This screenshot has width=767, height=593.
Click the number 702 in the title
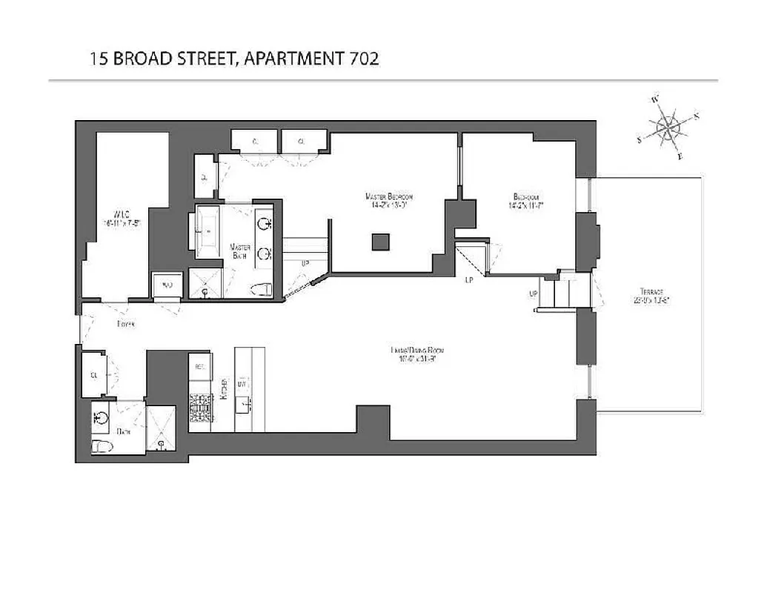[x=363, y=59]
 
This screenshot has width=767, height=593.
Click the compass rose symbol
[x=668, y=127]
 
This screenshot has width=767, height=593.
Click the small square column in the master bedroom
[x=380, y=242]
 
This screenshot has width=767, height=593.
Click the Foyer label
[x=125, y=324]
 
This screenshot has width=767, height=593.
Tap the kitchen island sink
[x=243, y=405]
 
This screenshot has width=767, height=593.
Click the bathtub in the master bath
[x=207, y=232]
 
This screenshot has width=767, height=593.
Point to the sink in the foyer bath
[x=101, y=417]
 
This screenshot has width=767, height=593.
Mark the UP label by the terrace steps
[x=533, y=294]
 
